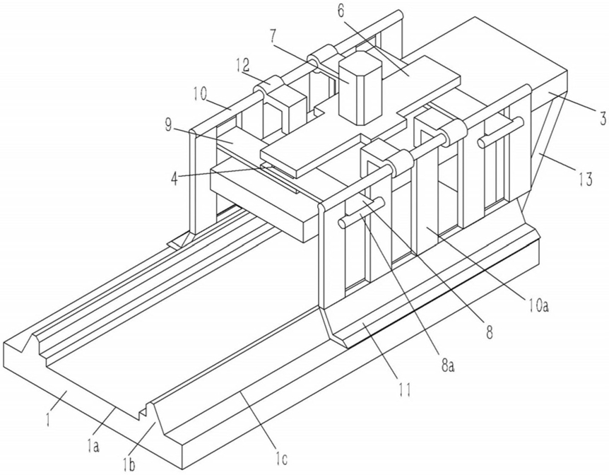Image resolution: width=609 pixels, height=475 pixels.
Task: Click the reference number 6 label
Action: [341, 11]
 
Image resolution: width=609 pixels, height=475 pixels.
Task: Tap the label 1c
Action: [280, 459]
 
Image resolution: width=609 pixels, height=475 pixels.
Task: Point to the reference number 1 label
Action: [47, 419]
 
